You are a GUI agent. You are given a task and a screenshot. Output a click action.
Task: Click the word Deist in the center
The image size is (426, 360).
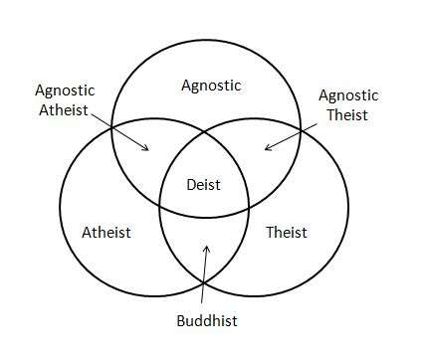[x=203, y=185]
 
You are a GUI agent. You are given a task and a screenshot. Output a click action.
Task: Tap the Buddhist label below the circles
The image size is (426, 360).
[x=207, y=321]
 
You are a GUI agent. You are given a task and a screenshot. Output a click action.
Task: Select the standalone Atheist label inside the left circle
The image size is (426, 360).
[x=106, y=232]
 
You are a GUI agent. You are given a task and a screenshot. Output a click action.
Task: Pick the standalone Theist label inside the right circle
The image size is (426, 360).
[x=287, y=232]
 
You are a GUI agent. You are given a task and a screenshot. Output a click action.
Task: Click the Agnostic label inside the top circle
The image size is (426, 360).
[x=211, y=86]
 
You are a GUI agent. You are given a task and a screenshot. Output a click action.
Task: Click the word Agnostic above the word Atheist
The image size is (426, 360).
[x=65, y=90]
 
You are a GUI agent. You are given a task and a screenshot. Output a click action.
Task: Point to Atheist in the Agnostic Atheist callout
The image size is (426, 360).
[x=64, y=110]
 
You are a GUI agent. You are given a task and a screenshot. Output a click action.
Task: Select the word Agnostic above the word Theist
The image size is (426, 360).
[x=348, y=95]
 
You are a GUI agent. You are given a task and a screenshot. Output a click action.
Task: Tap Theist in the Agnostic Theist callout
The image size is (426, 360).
[x=347, y=114]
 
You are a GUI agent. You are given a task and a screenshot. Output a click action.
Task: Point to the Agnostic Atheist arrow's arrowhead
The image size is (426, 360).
[x=148, y=150]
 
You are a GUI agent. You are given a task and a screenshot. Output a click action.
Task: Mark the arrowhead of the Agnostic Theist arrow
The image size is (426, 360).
[x=266, y=149]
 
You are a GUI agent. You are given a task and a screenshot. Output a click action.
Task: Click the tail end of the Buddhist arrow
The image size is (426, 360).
[x=201, y=303]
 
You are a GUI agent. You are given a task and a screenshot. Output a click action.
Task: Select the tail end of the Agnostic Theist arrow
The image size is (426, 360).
[x=317, y=124]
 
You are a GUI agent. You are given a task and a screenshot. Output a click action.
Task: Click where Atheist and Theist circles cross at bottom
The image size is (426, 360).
[x=204, y=282]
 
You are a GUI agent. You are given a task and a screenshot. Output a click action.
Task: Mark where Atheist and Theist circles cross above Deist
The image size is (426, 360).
[x=204, y=132]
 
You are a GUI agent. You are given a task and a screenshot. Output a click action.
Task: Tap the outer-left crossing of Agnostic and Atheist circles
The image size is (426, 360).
[x=111, y=127]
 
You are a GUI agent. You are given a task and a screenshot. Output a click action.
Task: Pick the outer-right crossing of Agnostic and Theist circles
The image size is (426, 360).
[x=301, y=130]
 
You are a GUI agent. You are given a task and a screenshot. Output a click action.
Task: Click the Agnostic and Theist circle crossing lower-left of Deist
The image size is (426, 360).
[x=160, y=206]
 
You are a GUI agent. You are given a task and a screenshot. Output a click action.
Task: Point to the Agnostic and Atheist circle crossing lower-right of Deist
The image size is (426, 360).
[x=248, y=208]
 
